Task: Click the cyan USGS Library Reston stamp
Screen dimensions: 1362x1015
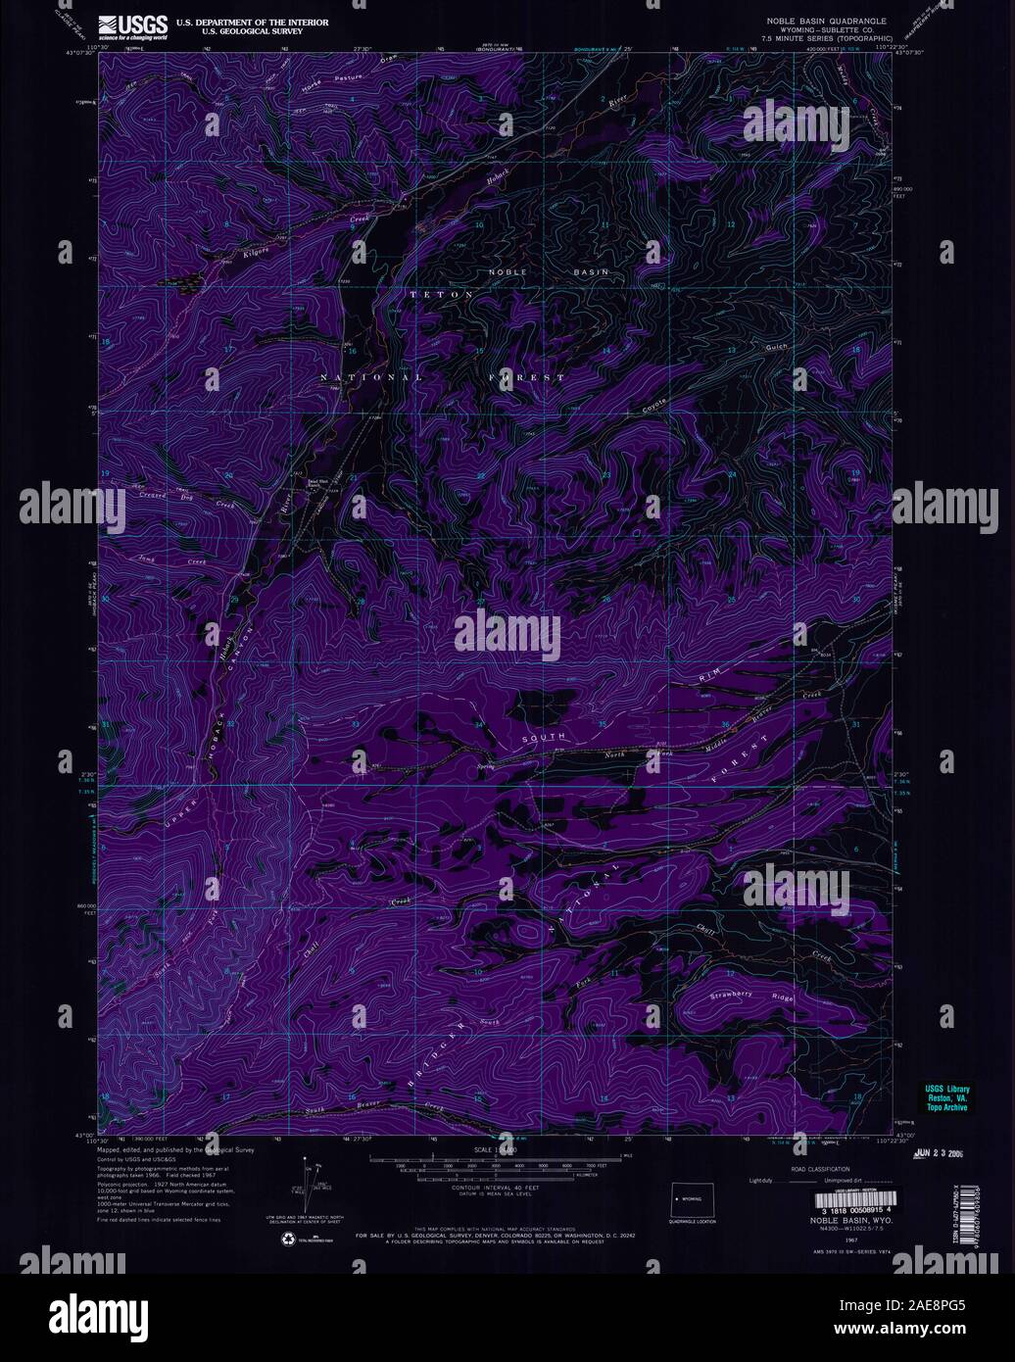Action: (945, 1094)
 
